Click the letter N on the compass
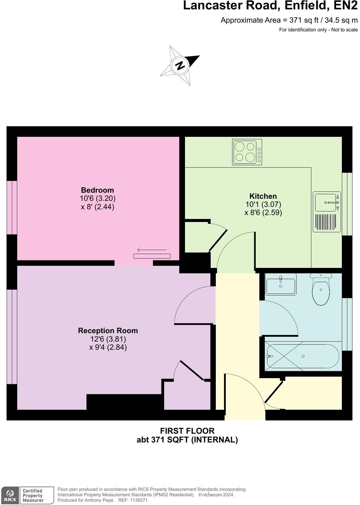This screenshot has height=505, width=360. pyautogui.click(x=180, y=65)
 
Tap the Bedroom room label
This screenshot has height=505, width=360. pyautogui.click(x=97, y=190)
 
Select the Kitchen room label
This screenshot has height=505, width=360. pyautogui.click(x=263, y=196)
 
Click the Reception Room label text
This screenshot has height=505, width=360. pyautogui.click(x=108, y=330)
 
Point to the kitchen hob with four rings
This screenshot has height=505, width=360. pyautogui.click(x=247, y=152)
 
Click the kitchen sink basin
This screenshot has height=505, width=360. pyautogui.click(x=326, y=202)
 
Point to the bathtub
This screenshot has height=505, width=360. pyautogui.click(x=303, y=356)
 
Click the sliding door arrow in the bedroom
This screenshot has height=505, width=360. pyautogui.click(x=152, y=250)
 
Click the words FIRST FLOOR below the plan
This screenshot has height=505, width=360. pyautogui.click(x=187, y=431)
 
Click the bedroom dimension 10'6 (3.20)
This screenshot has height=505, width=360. pyautogui.click(x=97, y=198)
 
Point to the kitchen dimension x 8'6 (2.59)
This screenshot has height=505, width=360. pyautogui.click(x=263, y=213)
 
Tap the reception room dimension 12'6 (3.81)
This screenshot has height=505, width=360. pyautogui.click(x=108, y=339)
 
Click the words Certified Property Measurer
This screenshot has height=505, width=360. pyautogui.click(x=33, y=495)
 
